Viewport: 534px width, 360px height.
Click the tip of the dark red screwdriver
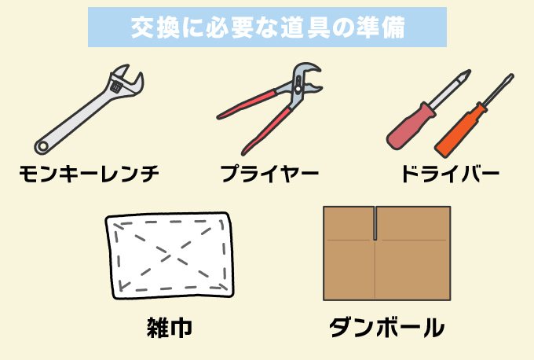(x=469, y=73)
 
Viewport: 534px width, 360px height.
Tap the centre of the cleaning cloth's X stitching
(x=170, y=252)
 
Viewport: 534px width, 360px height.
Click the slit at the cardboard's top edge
(x=375, y=222)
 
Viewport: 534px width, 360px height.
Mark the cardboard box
(x=386, y=253)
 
